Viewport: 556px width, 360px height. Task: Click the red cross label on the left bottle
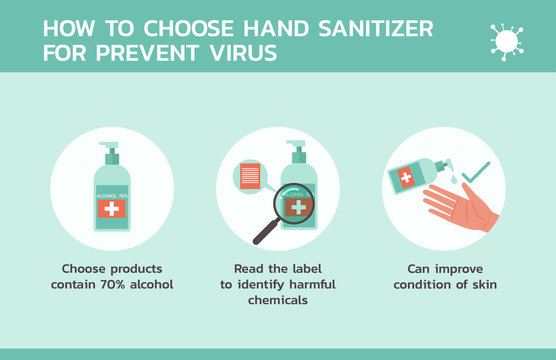(111, 209)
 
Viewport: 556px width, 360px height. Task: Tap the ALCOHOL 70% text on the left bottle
(111, 193)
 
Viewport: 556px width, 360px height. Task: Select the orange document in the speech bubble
(248, 176)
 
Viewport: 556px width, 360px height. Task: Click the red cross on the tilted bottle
(407, 178)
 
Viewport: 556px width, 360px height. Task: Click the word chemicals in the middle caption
(277, 300)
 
